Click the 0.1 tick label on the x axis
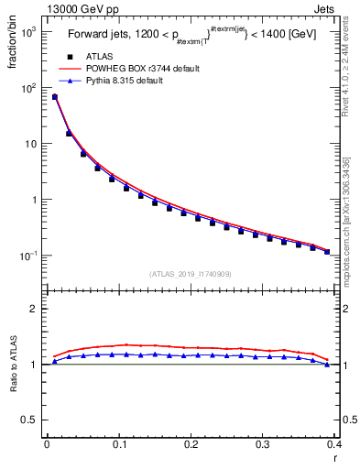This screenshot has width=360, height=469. [119, 444]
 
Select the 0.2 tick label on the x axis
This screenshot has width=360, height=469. [191, 444]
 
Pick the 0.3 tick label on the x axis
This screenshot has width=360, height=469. [264, 444]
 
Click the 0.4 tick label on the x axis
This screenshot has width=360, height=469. [335, 444]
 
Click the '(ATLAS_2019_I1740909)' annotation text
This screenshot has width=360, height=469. [189, 274]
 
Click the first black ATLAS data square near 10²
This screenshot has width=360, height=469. [54, 97]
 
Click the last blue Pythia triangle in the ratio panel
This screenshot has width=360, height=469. [327, 365]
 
